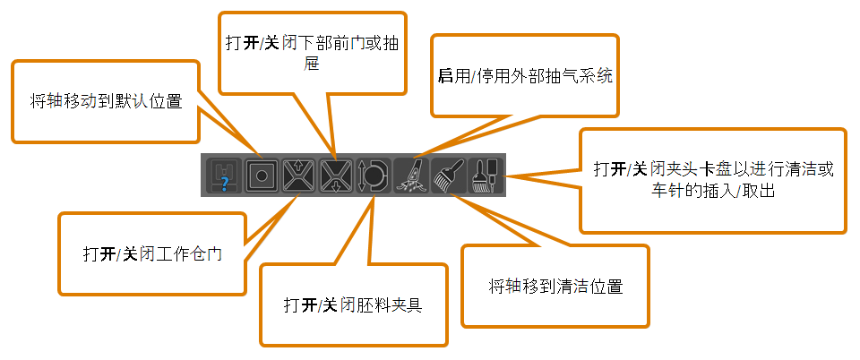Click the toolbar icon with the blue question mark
point(224,176)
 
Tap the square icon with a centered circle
point(261,176)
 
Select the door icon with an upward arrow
point(298,176)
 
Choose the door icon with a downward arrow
point(336,176)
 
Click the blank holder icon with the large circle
point(373,176)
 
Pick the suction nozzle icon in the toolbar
point(411,176)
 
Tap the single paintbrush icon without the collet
point(448,176)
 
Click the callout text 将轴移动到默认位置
point(106,102)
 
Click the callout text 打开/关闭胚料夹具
point(353,304)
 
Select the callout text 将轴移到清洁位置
point(555,286)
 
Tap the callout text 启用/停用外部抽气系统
point(525,75)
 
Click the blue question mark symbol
point(225,184)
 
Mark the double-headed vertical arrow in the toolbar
point(360,176)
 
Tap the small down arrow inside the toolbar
point(336,185)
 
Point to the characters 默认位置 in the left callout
point(149,102)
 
